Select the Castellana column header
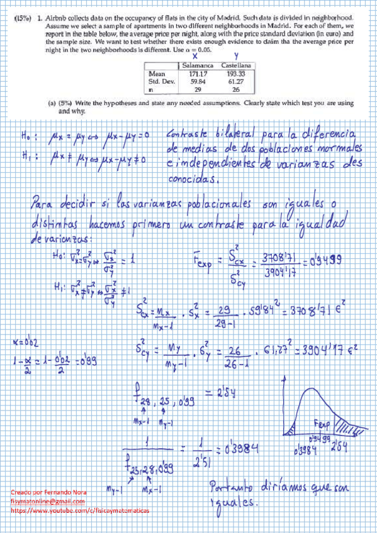point(235,65)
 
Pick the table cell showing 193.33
point(235,74)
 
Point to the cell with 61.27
point(235,82)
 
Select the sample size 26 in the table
point(235,90)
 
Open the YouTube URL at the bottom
point(80,511)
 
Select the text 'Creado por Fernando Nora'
point(49,492)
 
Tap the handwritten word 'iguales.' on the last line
point(233,503)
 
